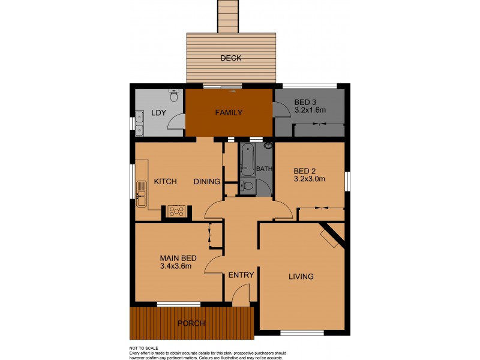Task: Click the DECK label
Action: click(x=230, y=58)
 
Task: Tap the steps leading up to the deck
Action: click(x=229, y=16)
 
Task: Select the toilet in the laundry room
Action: click(x=174, y=95)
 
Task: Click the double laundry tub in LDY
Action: click(x=139, y=122)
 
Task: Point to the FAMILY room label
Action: click(x=229, y=112)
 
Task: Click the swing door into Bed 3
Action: click(x=280, y=110)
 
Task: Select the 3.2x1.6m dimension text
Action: click(x=310, y=110)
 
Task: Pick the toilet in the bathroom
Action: click(x=246, y=187)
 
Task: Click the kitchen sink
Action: click(x=141, y=194)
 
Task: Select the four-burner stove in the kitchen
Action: click(x=176, y=211)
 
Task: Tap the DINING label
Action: click(x=206, y=182)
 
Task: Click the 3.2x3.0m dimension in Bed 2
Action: click(x=310, y=178)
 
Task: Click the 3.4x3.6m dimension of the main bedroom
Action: click(x=176, y=266)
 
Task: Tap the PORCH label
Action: click(x=191, y=323)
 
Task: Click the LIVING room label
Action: click(x=301, y=277)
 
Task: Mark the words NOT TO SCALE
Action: click(x=144, y=348)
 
